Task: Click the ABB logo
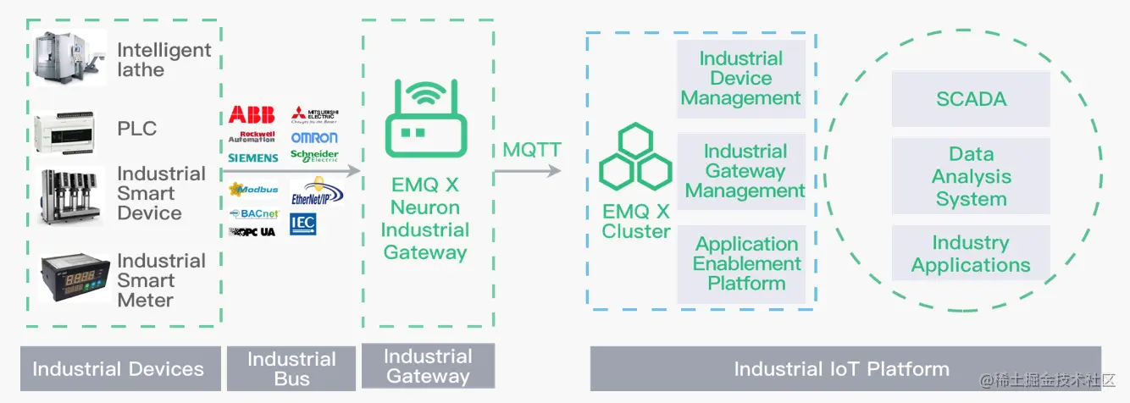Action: [252, 115]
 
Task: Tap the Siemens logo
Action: [252, 157]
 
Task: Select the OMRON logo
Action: [314, 137]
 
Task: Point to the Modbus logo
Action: [253, 189]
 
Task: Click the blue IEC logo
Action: [302, 224]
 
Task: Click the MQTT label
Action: [531, 150]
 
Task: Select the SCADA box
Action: [971, 99]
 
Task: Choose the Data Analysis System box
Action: [971, 177]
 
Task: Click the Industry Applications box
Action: [971, 254]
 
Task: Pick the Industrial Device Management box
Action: [740, 79]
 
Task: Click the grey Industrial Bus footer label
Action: [291, 368]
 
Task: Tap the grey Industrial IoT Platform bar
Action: [845, 368]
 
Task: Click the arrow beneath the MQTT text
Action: [528, 171]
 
